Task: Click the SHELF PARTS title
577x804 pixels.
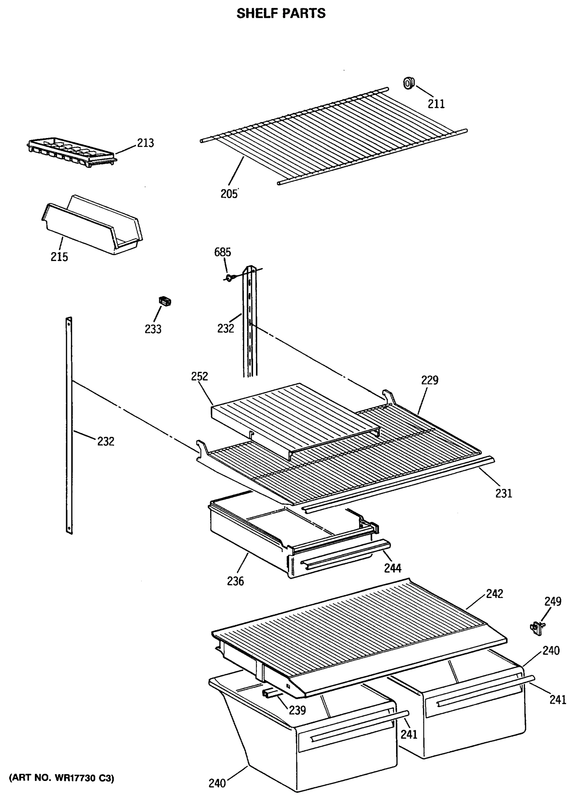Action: coord(280,13)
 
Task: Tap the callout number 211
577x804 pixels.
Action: coord(436,104)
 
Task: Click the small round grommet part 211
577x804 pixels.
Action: coord(408,84)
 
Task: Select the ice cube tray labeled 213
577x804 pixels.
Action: coord(71,153)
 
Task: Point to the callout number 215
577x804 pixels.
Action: coord(59,257)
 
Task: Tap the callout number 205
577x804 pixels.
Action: coord(229,194)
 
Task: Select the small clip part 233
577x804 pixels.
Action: coord(165,301)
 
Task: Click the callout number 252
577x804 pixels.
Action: coord(199,376)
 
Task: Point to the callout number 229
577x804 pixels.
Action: coord(430,380)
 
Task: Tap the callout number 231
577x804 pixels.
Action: coord(504,493)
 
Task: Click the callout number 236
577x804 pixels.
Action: coord(236,581)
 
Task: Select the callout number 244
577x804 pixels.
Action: coord(393,568)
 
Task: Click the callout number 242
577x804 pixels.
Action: coord(494,593)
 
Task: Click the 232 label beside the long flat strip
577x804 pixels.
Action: coord(106,441)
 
